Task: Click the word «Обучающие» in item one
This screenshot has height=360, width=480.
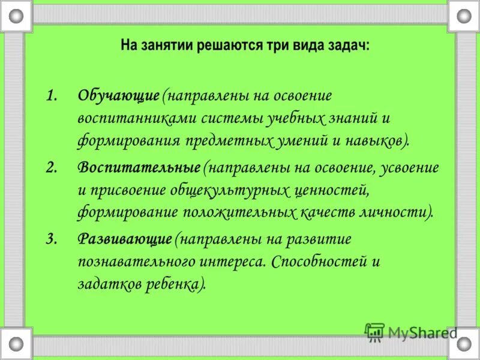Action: pyautogui.click(x=118, y=96)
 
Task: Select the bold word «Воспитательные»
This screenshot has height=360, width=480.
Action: pyautogui.click(x=139, y=167)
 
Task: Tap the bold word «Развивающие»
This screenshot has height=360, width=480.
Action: pyautogui.click(x=125, y=239)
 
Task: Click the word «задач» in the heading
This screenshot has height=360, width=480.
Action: pyautogui.click(x=348, y=46)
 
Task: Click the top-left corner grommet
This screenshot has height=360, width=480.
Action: pyautogui.click(x=16, y=16)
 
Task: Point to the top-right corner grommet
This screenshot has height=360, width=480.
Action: pyautogui.click(x=464, y=16)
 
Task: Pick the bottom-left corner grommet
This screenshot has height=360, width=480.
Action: pyautogui.click(x=16, y=344)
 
